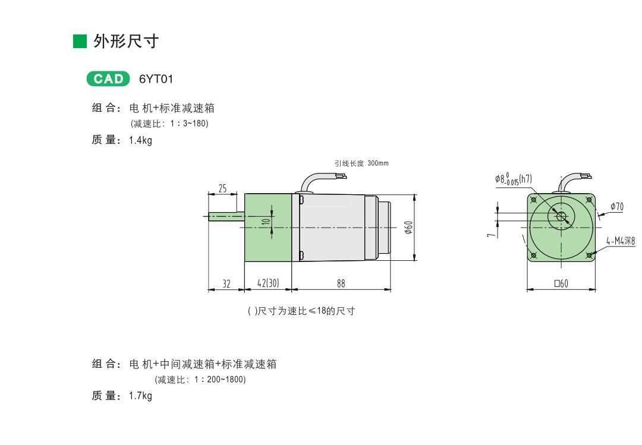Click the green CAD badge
(x=108, y=79)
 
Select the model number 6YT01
(x=156, y=79)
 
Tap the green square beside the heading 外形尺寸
(x=80, y=42)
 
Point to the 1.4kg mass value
(x=140, y=141)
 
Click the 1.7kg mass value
(x=140, y=396)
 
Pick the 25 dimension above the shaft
(x=222, y=188)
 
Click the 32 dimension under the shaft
(x=226, y=284)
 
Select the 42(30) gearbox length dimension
(x=267, y=284)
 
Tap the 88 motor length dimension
(x=341, y=284)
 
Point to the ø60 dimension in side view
(x=408, y=227)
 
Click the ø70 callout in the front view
(x=616, y=207)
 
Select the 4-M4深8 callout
(x=620, y=241)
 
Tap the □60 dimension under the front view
(x=561, y=284)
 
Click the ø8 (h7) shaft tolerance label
(x=513, y=178)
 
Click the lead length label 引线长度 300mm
(x=361, y=163)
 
